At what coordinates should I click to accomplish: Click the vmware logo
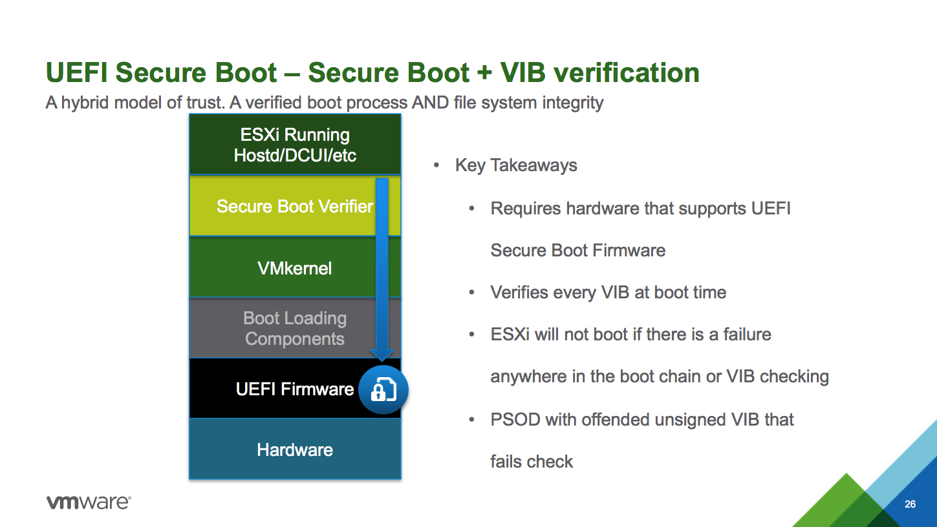tap(89, 502)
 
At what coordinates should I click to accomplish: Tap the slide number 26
tap(910, 504)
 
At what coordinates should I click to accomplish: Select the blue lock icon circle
tap(383, 390)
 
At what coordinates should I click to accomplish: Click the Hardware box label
tap(295, 450)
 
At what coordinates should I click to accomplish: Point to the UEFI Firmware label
tap(294, 389)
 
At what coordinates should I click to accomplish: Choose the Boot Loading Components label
tap(295, 329)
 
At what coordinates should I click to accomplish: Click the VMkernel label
tap(294, 268)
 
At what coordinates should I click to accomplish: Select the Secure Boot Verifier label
tap(294, 207)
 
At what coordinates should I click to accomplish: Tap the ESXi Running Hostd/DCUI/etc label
tap(295, 145)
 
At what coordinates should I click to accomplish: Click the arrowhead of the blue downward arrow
tap(382, 355)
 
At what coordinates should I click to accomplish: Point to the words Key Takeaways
tap(516, 165)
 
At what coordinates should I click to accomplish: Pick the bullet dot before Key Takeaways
tap(436, 165)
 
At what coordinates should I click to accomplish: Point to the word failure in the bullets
tap(747, 335)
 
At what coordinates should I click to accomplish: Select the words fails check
tap(532, 462)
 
